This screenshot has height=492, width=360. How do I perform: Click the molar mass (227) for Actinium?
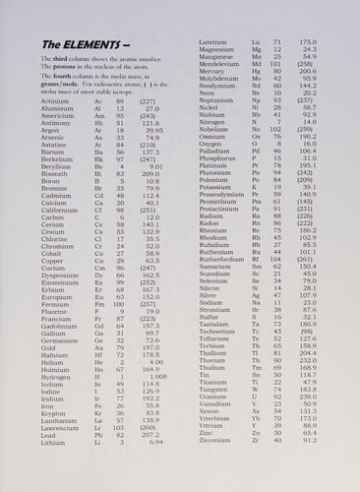(x=150, y=100)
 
